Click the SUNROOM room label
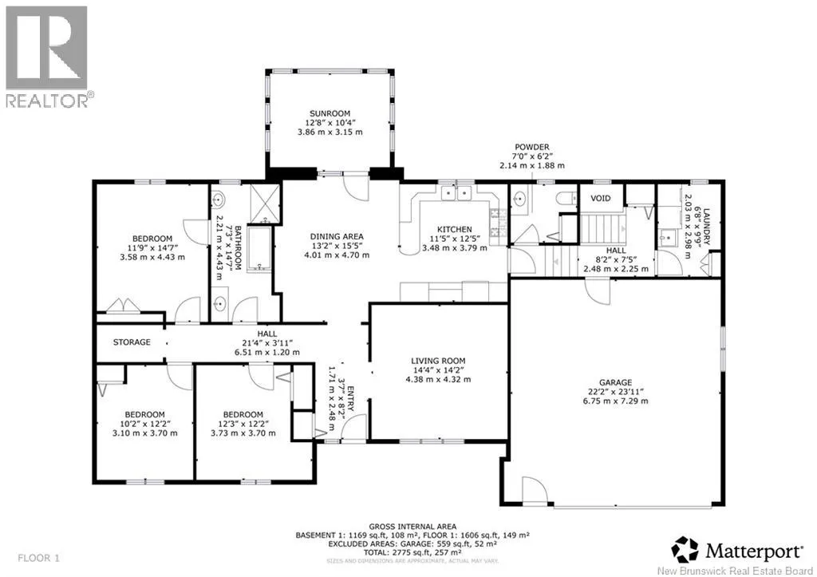(x=330, y=114)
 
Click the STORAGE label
(x=131, y=342)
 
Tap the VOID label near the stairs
(x=601, y=198)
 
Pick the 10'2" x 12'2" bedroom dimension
(x=144, y=423)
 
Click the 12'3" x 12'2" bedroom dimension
(x=243, y=423)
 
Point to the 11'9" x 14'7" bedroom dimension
(x=152, y=247)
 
